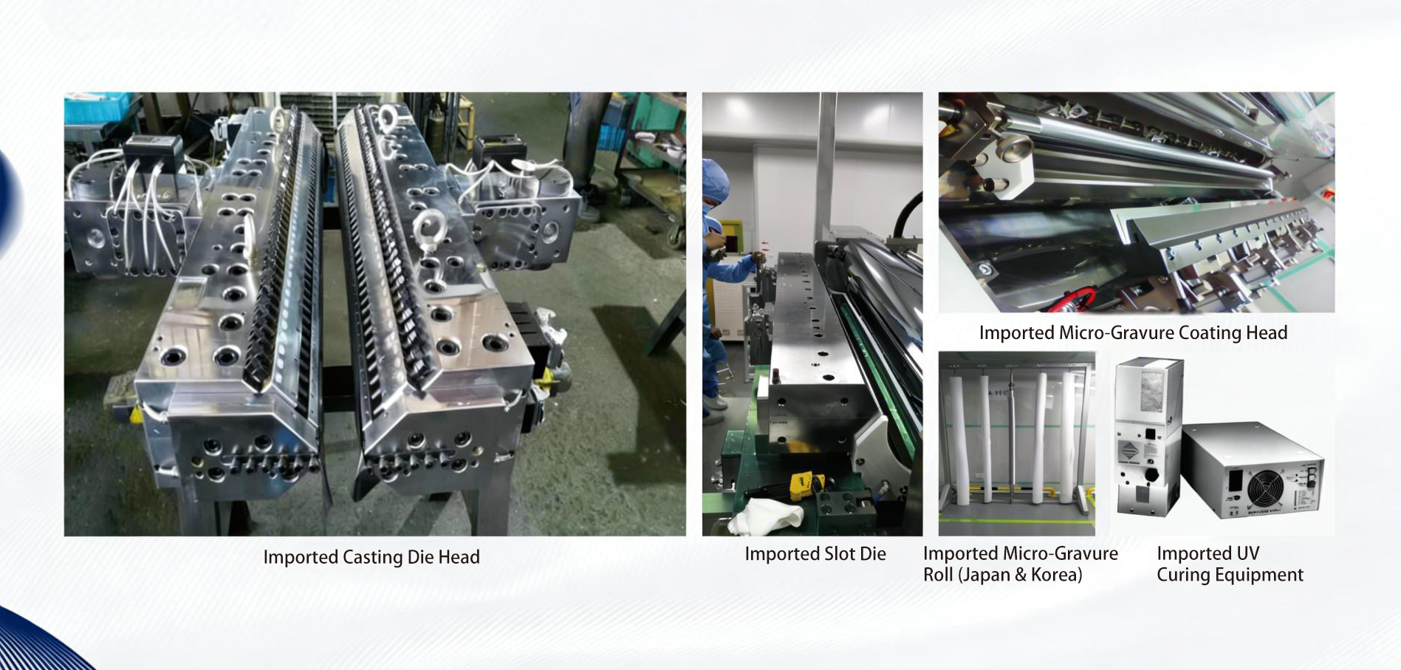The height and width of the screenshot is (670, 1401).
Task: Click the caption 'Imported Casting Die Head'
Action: point(371,557)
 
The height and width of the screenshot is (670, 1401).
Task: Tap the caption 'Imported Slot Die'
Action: point(815,554)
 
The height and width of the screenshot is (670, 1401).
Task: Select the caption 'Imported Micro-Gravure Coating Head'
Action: point(1133,333)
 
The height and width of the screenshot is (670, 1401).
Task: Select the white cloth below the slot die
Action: point(764,514)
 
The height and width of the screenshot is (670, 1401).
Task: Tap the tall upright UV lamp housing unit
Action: point(1148,436)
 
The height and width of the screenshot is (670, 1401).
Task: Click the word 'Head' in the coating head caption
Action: point(1266,333)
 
